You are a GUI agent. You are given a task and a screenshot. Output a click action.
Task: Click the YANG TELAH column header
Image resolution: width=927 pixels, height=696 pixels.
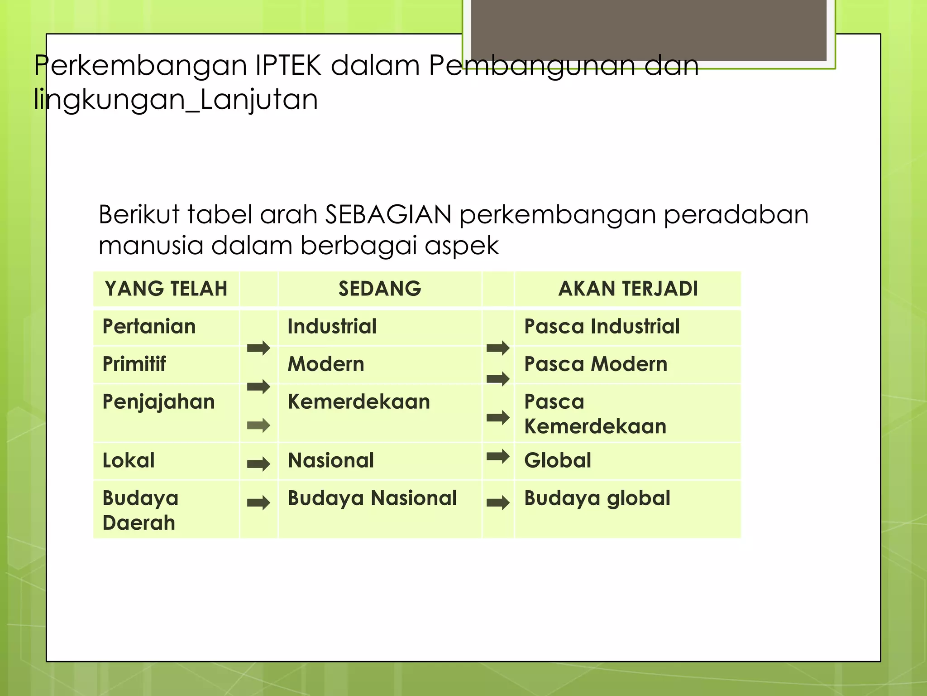pyautogui.click(x=166, y=289)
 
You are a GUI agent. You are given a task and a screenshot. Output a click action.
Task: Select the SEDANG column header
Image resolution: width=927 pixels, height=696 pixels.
pyautogui.click(x=380, y=289)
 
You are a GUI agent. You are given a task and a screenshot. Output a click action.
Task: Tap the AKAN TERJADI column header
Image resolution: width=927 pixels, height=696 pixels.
pyautogui.click(x=628, y=289)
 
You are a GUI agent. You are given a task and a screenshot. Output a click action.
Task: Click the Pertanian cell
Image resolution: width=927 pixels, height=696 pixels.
pyautogui.click(x=149, y=327)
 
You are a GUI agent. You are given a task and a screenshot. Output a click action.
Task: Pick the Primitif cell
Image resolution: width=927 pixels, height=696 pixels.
pyautogui.click(x=134, y=364)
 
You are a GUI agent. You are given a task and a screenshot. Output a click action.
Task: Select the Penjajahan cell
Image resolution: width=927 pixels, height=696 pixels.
pyautogui.click(x=158, y=402)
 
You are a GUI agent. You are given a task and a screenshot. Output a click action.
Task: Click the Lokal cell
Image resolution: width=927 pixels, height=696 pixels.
pyautogui.click(x=129, y=461)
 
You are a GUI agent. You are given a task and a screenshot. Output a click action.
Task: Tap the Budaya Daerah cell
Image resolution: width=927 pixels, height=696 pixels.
pyautogui.click(x=140, y=510)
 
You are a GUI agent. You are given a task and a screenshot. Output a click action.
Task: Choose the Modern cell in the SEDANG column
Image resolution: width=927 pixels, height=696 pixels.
pyautogui.click(x=326, y=364)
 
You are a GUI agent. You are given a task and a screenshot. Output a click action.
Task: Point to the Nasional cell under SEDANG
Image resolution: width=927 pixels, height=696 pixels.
pyautogui.click(x=331, y=461)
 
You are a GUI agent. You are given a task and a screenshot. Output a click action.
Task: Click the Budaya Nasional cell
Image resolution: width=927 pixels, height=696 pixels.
pyautogui.click(x=372, y=498)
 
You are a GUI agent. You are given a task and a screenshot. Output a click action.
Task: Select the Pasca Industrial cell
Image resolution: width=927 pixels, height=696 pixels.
pyautogui.click(x=602, y=327)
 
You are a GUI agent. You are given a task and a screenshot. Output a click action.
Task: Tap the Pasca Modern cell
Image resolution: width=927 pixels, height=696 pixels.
pyautogui.click(x=596, y=364)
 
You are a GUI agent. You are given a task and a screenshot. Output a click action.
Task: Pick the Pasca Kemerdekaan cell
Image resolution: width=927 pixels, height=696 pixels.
pyautogui.click(x=595, y=414)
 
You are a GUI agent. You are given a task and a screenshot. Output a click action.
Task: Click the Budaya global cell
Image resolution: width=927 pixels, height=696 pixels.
pyautogui.click(x=597, y=498)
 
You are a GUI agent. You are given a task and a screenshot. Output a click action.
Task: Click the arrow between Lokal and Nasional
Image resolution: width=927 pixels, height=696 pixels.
pyautogui.click(x=258, y=464)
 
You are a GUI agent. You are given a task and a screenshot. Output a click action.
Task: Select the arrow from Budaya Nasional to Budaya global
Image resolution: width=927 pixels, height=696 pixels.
pyautogui.click(x=498, y=502)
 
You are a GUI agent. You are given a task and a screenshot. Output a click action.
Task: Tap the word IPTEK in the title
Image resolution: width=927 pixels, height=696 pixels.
pyautogui.click(x=288, y=66)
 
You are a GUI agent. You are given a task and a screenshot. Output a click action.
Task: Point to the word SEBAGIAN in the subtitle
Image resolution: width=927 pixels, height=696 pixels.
pyautogui.click(x=388, y=214)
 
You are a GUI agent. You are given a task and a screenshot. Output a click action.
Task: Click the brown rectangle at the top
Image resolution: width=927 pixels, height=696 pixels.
pyautogui.click(x=649, y=30)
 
